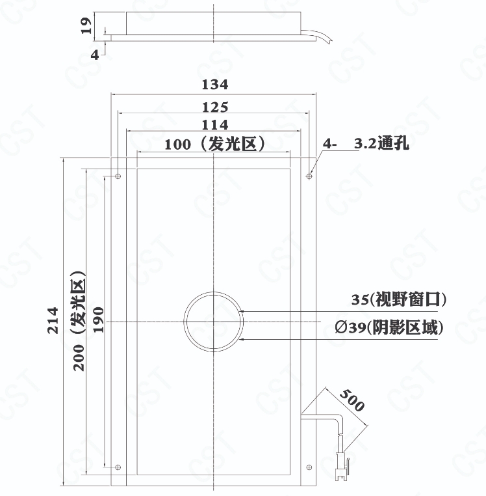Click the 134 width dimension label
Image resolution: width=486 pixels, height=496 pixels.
point(215,85)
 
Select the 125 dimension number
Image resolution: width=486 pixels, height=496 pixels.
point(215,107)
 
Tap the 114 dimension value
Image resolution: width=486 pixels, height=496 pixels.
point(215,125)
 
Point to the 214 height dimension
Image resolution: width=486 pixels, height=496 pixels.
point(53,320)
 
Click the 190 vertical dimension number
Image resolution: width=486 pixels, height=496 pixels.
point(99,320)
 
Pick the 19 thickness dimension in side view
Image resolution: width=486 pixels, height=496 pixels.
point(86,25)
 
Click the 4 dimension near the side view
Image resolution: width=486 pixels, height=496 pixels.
point(95,55)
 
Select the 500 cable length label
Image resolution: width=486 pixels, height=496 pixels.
point(352,400)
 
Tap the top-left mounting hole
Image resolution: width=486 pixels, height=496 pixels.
point(118,176)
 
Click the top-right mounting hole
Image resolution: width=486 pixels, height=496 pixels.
point(309,176)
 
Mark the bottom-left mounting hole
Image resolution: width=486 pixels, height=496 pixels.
point(118,467)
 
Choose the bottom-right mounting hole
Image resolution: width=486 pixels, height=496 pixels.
point(309,467)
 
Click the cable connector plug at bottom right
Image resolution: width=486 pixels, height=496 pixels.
point(341,467)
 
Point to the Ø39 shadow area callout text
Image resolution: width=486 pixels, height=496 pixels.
point(389,327)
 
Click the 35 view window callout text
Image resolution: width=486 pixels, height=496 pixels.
point(399,299)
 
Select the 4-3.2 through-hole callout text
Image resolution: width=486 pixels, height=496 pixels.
point(366,143)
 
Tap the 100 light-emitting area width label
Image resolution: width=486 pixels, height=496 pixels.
point(215,145)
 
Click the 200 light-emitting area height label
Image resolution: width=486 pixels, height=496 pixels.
point(79,321)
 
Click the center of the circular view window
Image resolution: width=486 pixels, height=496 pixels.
point(214,322)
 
